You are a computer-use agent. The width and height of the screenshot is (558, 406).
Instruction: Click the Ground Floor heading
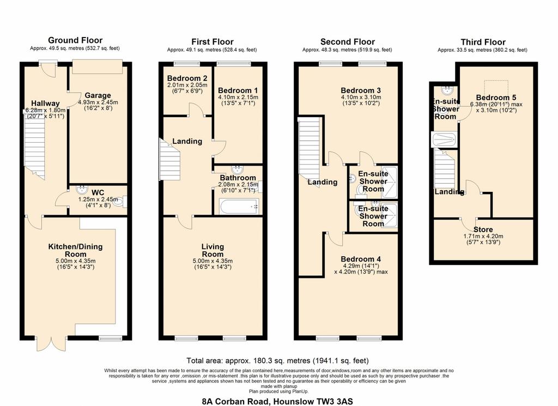click(x=75, y=40)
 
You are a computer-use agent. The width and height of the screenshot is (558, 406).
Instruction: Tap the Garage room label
click(x=98, y=95)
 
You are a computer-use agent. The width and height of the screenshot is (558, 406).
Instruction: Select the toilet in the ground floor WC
click(x=121, y=202)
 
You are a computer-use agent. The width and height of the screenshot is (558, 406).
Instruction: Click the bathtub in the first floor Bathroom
click(x=239, y=207)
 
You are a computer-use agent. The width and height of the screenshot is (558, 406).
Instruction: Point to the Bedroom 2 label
click(x=187, y=78)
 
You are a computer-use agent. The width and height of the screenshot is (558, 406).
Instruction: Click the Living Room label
click(x=213, y=250)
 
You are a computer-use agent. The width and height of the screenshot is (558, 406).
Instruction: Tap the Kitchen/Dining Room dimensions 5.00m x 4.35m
click(x=75, y=261)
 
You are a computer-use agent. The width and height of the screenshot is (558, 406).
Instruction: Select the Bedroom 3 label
click(x=361, y=90)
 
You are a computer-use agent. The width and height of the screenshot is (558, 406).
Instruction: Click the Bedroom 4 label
click(x=361, y=259)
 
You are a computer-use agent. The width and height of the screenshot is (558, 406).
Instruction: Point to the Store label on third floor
click(x=483, y=229)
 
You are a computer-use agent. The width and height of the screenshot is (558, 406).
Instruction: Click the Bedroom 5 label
click(x=496, y=98)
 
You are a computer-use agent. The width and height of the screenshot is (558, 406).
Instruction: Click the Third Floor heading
click(x=483, y=42)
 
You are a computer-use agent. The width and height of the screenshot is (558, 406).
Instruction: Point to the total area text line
click(x=277, y=361)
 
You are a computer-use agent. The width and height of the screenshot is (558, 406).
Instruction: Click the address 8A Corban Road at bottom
click(x=277, y=402)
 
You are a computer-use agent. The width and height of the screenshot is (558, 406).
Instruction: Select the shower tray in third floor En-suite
click(x=444, y=140)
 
